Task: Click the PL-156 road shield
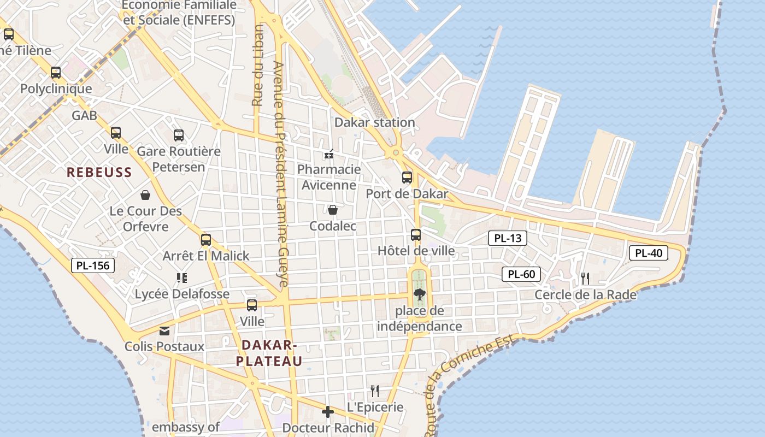pos(93,266)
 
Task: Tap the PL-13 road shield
pos(507,238)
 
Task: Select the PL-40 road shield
pos(649,253)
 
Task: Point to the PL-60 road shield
pos(521,274)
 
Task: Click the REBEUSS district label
pos(99,173)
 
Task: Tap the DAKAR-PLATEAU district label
pos(269,353)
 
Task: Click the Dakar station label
pos(374,122)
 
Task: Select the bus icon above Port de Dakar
pos(407,177)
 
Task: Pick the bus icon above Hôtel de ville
pos(416,235)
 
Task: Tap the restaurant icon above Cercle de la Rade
pos(585,279)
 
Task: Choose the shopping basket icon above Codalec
pos(332,210)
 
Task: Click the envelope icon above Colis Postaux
pos(164,330)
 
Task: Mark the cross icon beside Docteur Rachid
pos(328,412)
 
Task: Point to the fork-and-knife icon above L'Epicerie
pos(375,391)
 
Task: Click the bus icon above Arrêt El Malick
pos(206,240)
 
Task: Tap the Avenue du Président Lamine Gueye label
pos(280,175)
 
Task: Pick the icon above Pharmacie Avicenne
pos(329,154)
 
